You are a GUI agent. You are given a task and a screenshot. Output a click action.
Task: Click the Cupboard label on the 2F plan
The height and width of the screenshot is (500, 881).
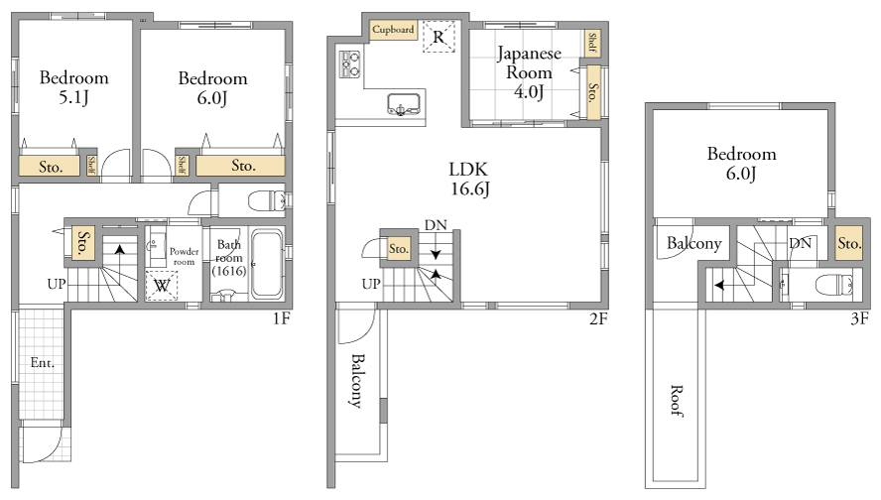click(393, 30)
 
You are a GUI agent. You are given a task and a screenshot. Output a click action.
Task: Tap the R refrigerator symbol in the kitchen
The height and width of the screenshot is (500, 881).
click(439, 37)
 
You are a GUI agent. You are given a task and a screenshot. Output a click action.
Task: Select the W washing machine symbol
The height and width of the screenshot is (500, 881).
click(162, 286)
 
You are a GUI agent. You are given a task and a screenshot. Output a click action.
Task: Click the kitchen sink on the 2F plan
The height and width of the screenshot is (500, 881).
click(404, 104)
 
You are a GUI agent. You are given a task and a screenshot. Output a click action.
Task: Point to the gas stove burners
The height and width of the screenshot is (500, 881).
click(350, 64)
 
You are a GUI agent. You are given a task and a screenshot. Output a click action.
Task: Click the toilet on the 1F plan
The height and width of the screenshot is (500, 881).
click(267, 200)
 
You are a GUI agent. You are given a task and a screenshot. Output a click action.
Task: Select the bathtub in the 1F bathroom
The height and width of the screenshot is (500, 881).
click(267, 264)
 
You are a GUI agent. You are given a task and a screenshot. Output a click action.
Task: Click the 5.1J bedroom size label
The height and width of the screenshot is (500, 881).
click(73, 98)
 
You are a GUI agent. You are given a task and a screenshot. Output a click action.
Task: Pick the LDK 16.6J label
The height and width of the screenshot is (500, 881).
click(469, 179)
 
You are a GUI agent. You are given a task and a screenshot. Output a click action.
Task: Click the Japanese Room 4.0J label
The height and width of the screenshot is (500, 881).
click(529, 72)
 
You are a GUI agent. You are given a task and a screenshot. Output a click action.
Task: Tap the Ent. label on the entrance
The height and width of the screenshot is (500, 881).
click(42, 363)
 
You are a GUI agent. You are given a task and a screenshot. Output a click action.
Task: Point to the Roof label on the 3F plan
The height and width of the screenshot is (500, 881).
click(677, 401)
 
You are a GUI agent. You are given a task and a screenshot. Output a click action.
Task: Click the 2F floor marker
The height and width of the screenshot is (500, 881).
click(598, 319)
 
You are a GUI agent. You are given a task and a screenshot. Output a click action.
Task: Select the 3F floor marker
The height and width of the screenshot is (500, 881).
click(859, 319)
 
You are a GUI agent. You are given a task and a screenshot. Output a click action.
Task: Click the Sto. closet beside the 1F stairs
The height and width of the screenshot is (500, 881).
click(83, 243)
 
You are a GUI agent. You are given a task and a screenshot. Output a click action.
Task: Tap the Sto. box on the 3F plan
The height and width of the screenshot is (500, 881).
click(848, 243)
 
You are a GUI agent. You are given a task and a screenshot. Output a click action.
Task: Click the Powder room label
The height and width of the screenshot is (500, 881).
click(185, 256)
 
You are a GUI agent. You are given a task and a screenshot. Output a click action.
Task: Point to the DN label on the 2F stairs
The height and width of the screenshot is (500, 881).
click(436, 225)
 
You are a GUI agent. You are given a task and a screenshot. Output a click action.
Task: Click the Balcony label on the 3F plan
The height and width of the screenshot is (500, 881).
click(693, 243)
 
